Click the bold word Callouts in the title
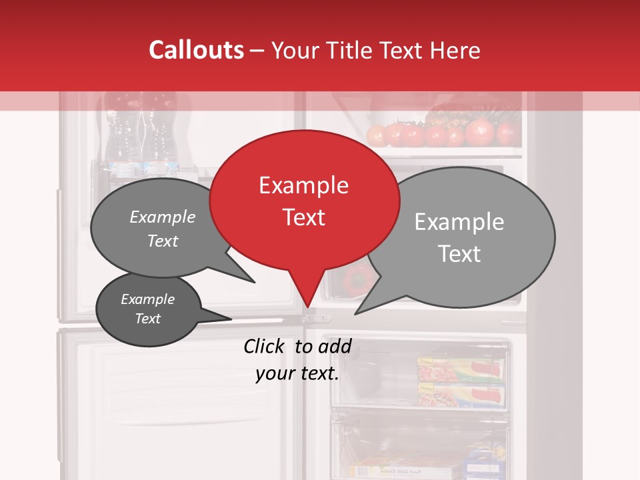tap(196, 50)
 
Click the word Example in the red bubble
tap(303, 185)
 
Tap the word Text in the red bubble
tap(303, 217)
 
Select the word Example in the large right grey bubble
tap(459, 222)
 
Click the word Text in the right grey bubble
tap(459, 254)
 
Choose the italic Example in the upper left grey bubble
tap(162, 217)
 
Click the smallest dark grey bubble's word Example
tap(147, 299)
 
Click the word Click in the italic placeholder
tap(265, 346)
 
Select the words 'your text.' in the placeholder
tap(297, 373)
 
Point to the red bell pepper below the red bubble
tap(357, 280)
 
